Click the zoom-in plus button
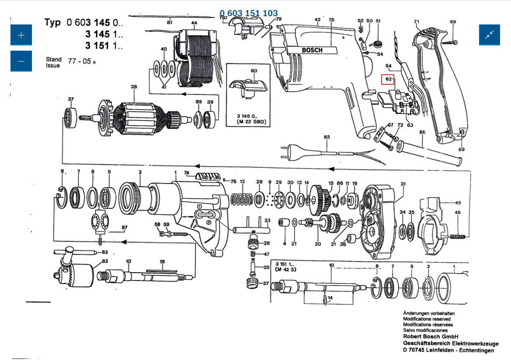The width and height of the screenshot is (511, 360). pos(21,35)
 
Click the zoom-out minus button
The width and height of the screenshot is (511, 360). pos(21,61)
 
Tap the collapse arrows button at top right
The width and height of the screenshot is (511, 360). pos(490,35)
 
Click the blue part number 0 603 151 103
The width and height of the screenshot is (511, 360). pos(249,13)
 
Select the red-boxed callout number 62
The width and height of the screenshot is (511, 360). pos(388,80)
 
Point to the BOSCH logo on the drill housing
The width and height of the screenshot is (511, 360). pos(312,50)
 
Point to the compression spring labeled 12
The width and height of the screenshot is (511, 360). pos(242,199)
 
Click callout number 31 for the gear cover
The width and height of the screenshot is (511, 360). pos(403,183)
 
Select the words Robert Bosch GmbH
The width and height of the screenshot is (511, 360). pos(430,337)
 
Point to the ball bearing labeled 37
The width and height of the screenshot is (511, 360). pos(70,117)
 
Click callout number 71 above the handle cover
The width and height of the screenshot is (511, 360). pos(417,21)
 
